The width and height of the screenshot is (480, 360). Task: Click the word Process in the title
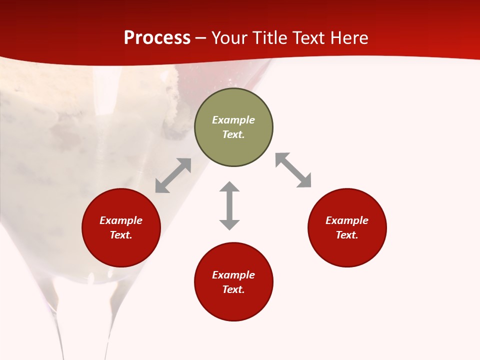tap(157, 38)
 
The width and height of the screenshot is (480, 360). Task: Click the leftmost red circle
tap(121, 227)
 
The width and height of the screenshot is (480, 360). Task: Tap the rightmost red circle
tap(347, 227)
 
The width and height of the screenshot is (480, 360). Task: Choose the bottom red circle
tap(233, 282)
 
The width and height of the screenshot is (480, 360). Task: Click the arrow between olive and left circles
tap(173, 175)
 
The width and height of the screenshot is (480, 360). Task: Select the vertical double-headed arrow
tap(229, 205)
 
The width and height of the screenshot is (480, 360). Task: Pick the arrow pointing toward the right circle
tap(293, 170)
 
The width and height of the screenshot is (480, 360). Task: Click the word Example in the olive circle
tap(233, 120)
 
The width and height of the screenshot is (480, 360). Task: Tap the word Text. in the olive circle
tap(233, 134)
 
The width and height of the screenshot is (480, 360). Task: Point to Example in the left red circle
tap(121, 220)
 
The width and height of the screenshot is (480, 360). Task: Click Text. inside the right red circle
tap(347, 235)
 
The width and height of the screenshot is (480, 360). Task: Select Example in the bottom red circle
tap(233, 275)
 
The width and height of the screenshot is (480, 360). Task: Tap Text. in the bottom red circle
tap(233, 289)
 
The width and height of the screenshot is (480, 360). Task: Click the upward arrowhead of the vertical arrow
tap(229, 187)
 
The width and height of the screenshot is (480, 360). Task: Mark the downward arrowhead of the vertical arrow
tap(229, 224)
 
